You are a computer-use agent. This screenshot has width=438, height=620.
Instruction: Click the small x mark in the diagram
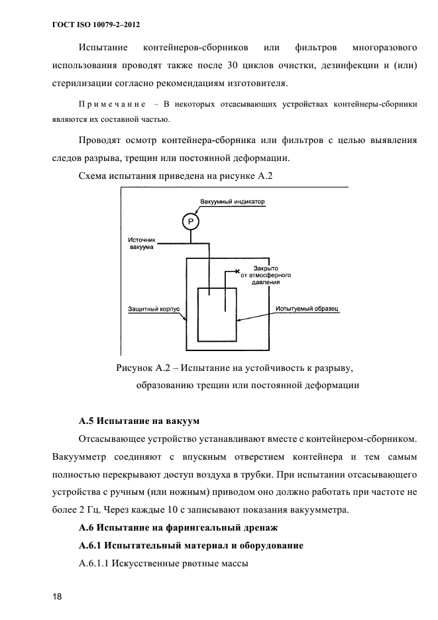237,271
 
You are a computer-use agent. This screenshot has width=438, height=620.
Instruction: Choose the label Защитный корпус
151,309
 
